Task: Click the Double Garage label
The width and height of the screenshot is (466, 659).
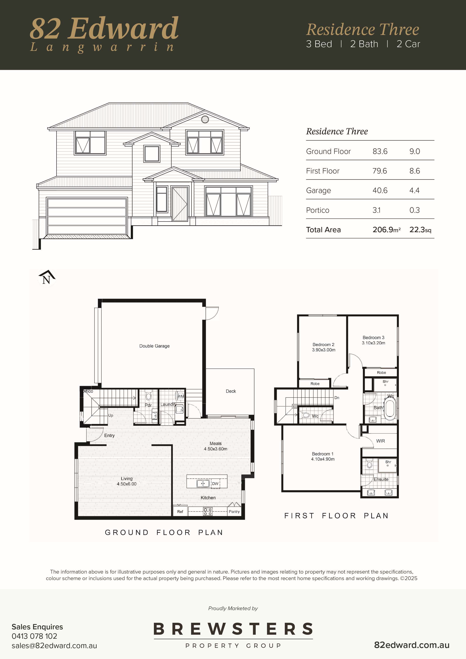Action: point(154,346)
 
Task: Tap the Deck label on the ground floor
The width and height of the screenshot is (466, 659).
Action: point(231,391)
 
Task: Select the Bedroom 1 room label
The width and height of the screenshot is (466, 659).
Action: point(323,454)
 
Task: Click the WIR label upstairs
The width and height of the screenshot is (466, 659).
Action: point(381,441)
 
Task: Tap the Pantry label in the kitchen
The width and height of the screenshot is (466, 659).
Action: point(234,512)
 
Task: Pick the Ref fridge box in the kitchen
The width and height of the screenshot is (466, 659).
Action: point(180,511)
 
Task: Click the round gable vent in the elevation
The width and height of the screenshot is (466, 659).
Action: point(205,119)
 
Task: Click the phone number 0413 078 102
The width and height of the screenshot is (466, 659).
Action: point(34,636)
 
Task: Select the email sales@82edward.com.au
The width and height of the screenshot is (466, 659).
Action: point(54,646)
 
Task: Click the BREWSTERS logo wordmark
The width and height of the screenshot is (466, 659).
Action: point(233,629)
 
